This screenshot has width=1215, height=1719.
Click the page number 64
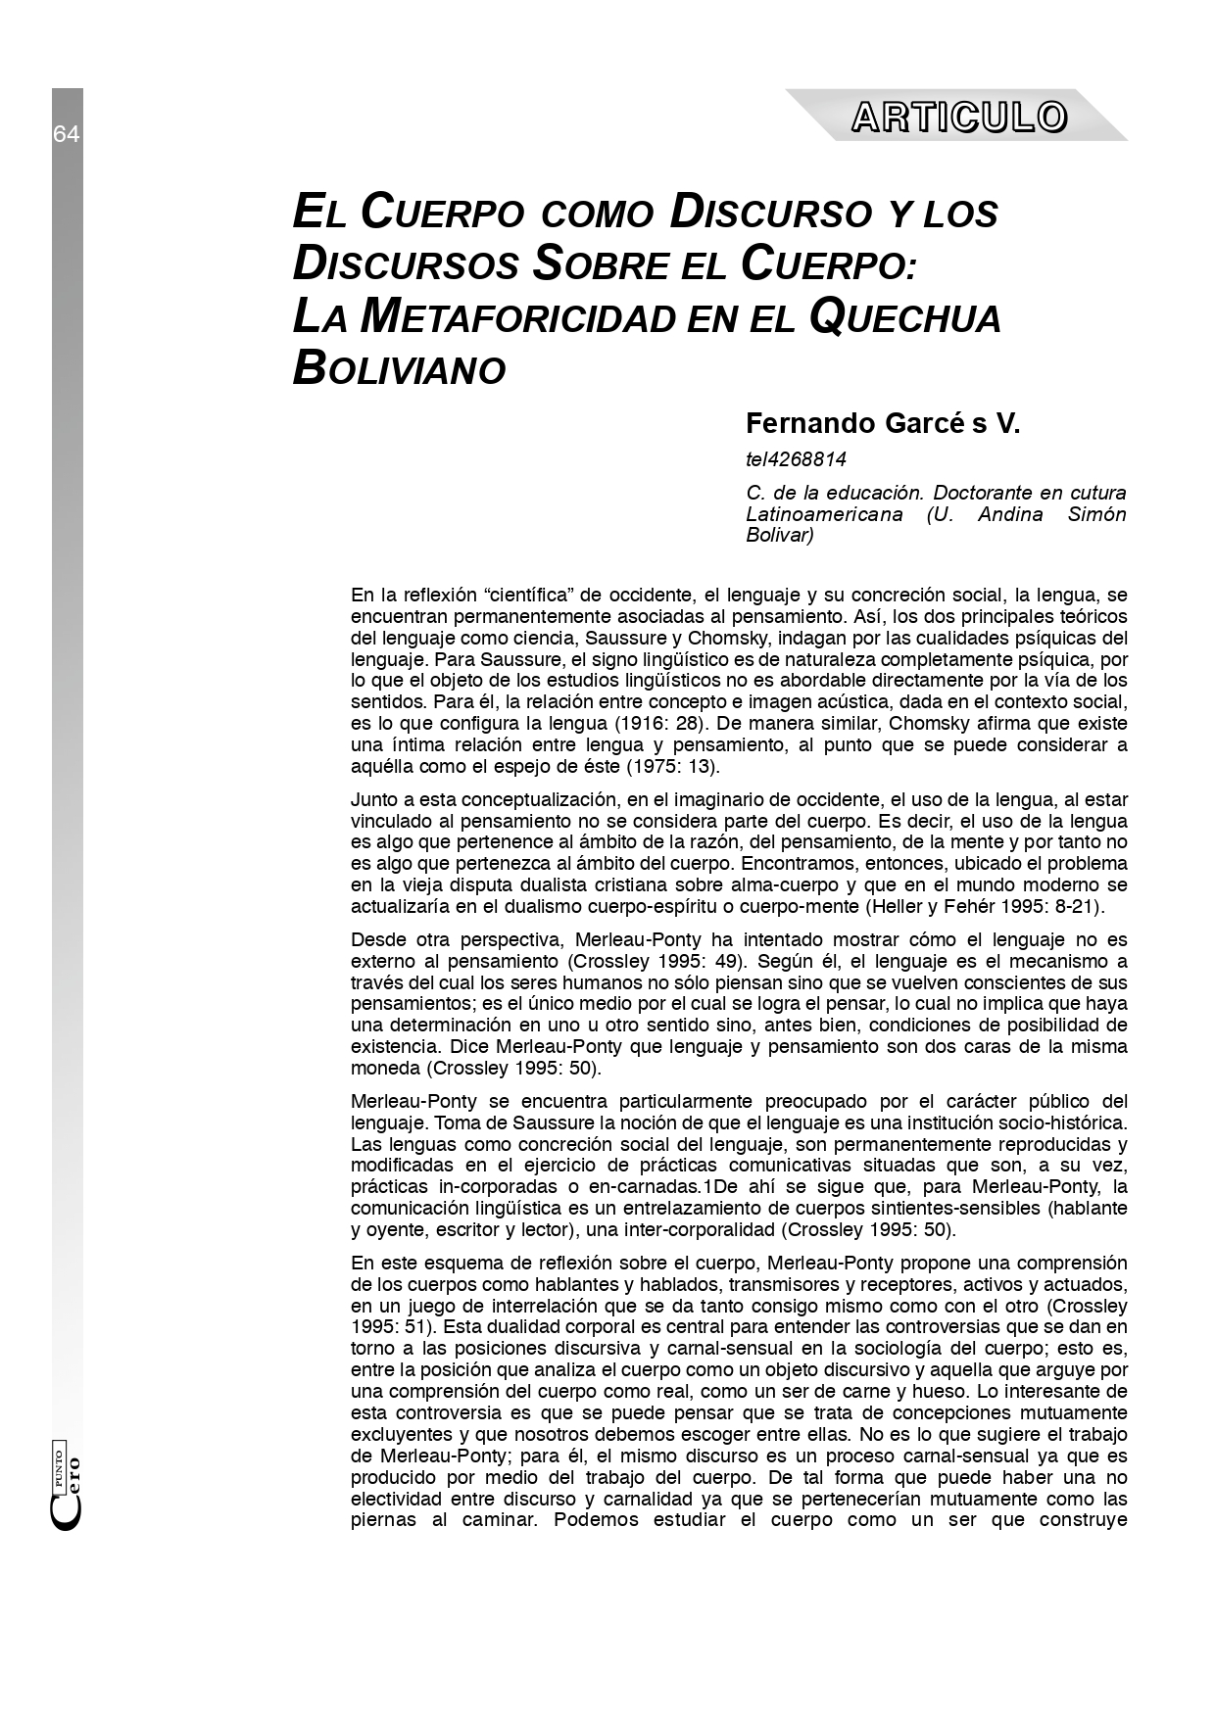(67, 135)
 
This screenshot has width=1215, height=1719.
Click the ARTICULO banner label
(958, 118)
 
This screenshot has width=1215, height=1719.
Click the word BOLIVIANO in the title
(399, 368)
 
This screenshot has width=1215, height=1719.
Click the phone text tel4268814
(796, 459)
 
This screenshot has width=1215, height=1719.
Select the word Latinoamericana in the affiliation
(824, 514)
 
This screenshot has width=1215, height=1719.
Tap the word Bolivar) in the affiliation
(780, 536)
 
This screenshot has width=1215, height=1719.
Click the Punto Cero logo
(67, 1487)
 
